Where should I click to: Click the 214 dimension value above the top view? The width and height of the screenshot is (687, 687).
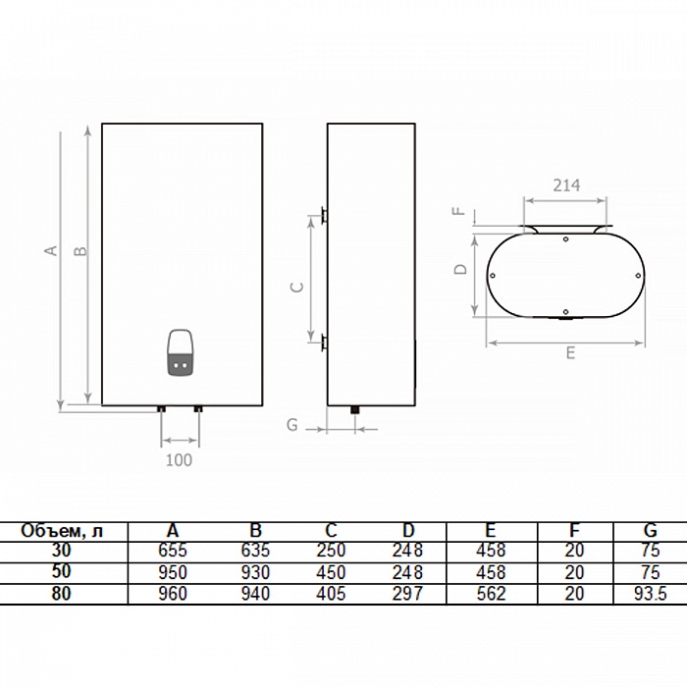point(566,185)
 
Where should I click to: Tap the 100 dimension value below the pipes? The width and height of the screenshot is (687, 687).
point(179,460)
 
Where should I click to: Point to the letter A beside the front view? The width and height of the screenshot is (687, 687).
point(52,250)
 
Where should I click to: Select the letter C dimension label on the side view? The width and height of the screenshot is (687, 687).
point(297,287)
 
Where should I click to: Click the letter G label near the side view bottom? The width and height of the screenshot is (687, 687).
point(291,425)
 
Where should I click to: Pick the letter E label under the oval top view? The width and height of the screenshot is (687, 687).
point(570,353)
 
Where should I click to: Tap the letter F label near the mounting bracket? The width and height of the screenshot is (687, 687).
point(458,211)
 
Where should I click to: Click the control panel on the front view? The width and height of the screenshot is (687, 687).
point(180,351)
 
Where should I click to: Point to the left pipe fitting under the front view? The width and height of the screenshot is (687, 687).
point(161,409)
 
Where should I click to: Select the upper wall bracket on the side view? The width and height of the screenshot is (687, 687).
point(324,215)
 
